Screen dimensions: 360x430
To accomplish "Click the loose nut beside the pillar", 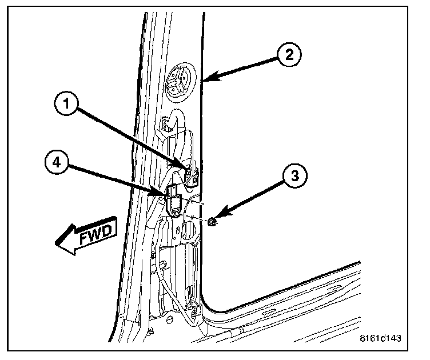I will pos(212,222).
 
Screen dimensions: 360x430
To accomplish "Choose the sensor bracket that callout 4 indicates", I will pos(175,205).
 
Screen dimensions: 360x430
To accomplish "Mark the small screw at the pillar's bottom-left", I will pos(150,331).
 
